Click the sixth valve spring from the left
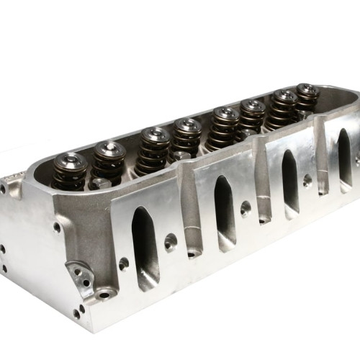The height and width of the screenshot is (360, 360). [251, 118]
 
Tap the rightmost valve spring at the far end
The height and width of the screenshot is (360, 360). [306, 99]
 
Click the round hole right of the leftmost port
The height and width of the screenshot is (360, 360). [171, 240]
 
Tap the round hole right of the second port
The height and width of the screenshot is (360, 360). [246, 210]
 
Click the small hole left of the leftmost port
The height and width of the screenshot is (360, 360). [123, 264]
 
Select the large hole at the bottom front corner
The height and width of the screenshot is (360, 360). [106, 293]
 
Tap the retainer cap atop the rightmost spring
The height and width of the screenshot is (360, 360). [306, 90]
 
